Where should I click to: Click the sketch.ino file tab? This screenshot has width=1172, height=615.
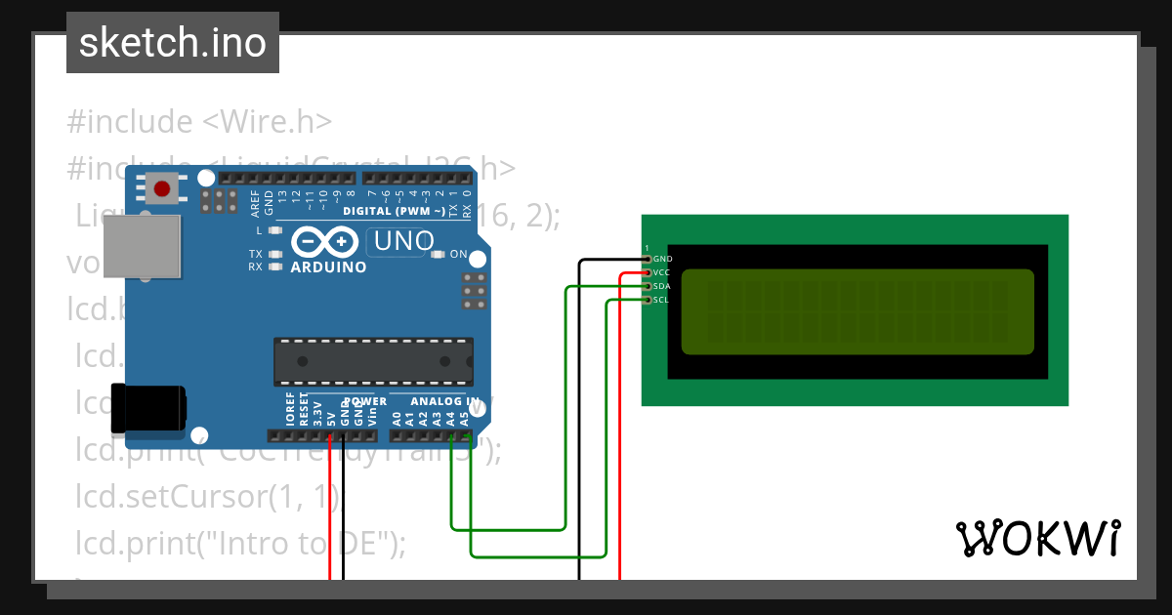pos(173,43)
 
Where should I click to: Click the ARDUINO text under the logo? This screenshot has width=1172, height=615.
pos(328,267)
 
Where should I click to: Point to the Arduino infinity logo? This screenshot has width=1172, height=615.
pos(326,242)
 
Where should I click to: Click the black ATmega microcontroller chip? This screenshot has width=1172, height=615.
pos(373,360)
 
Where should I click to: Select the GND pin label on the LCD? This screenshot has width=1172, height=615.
pos(662,259)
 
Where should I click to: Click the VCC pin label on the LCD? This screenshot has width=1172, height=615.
pos(661,272)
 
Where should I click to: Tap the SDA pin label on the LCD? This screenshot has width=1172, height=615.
pos(661,286)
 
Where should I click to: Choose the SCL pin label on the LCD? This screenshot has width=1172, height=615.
pos(661,300)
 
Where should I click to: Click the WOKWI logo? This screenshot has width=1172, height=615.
pos(1037,538)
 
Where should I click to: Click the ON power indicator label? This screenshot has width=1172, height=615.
pos(458,255)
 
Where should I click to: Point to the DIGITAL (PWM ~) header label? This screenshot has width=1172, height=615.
pos(394,211)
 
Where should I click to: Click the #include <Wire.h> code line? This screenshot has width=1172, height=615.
pos(200,122)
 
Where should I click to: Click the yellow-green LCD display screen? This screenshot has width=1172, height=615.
pos(857,311)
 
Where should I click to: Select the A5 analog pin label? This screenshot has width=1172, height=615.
pos(464,419)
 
